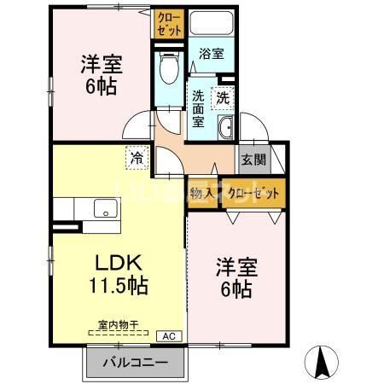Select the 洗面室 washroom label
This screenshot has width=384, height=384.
click(198, 108)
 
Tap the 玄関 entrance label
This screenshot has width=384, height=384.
click(252, 158)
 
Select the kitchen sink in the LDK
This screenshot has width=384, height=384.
click(104, 207)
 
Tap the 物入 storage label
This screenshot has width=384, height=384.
click(201, 194)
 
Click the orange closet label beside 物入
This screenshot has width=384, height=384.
click(253, 194)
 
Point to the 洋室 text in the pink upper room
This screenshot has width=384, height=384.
click(100, 64)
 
